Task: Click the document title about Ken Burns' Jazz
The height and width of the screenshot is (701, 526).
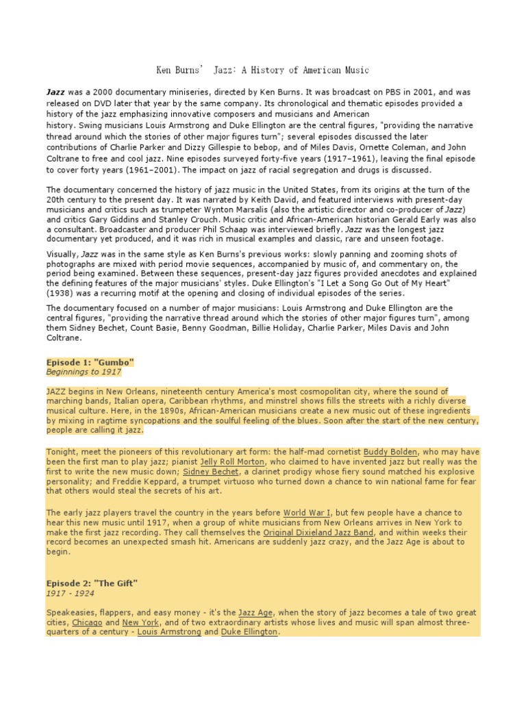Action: pyautogui.click(x=262, y=70)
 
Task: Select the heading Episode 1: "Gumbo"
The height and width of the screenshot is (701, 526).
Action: pyautogui.click(x=90, y=361)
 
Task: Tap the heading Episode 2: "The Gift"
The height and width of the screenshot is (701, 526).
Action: pyautogui.click(x=92, y=583)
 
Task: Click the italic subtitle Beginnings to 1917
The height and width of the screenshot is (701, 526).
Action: pyautogui.click(x=84, y=372)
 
